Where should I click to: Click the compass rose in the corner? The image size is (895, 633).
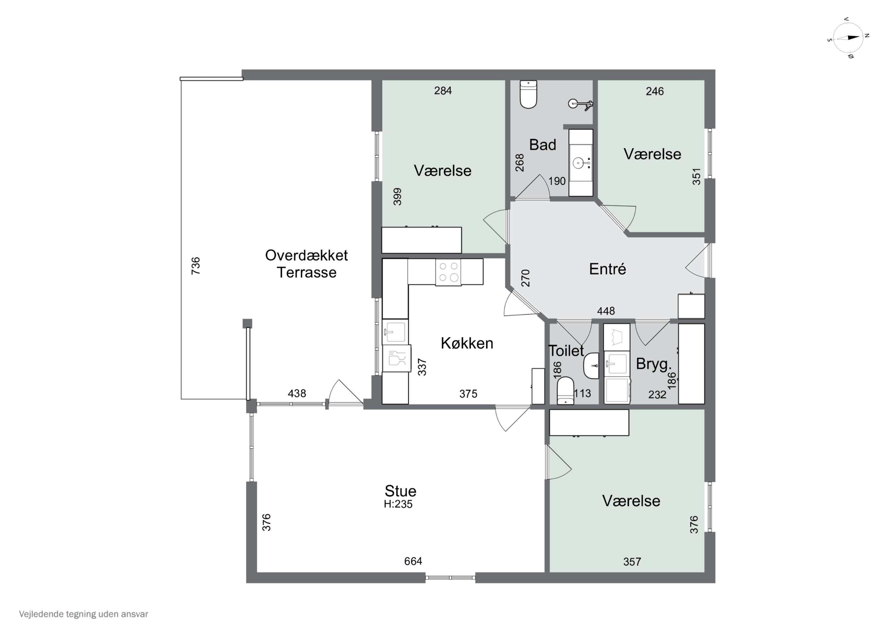tap(848, 38)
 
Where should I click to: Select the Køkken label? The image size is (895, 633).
tap(467, 343)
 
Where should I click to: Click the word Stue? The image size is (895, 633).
tap(400, 491)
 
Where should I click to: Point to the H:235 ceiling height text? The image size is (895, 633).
tap(398, 504)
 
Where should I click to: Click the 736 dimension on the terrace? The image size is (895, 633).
tap(196, 266)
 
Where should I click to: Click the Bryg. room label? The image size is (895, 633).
tap(654, 364)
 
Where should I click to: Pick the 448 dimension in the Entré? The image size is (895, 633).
tap(606, 311)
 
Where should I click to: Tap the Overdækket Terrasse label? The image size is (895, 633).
tap(306, 264)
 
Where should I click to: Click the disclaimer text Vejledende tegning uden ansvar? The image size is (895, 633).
tap(84, 614)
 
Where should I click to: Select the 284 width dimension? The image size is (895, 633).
tap(443, 90)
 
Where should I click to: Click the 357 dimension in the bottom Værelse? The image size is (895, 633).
tap(632, 562)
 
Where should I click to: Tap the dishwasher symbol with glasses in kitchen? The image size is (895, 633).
tap(397, 358)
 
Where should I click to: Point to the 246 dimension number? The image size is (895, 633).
tap(655, 91)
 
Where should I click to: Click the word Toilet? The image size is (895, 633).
tap(566, 351)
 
